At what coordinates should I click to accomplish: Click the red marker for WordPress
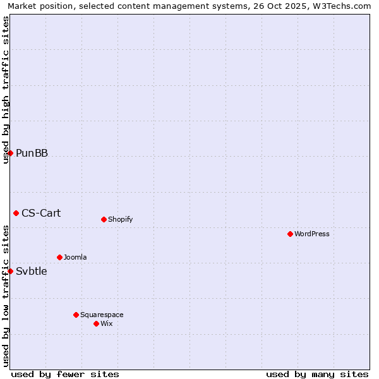pyautogui.click(x=290, y=234)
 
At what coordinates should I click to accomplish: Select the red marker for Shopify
pyautogui.click(x=104, y=219)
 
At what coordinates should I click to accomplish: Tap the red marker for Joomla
pyautogui.click(x=59, y=257)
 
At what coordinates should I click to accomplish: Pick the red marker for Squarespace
pyautogui.click(x=76, y=315)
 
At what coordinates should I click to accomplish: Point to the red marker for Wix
pyautogui.click(x=96, y=323)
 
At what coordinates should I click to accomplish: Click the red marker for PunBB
pyautogui.click(x=10, y=153)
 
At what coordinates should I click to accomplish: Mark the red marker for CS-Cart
pyautogui.click(x=16, y=213)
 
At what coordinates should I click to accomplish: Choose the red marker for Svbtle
pyautogui.click(x=10, y=271)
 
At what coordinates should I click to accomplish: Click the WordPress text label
pyautogui.click(x=312, y=234)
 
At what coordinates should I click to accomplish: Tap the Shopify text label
pyautogui.click(x=120, y=219)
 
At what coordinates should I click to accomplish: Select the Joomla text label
pyautogui.click(x=75, y=257)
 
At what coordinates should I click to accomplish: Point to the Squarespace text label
pyautogui.click(x=102, y=315)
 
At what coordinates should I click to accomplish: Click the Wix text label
pyautogui.click(x=107, y=323)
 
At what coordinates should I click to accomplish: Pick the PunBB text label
pyautogui.click(x=32, y=153)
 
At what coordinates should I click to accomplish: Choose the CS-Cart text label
pyautogui.click(x=41, y=213)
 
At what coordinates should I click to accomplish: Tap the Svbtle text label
pyautogui.click(x=31, y=271)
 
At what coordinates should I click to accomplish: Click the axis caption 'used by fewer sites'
pyautogui.click(x=65, y=374)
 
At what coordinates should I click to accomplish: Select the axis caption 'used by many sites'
pyautogui.click(x=317, y=374)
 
